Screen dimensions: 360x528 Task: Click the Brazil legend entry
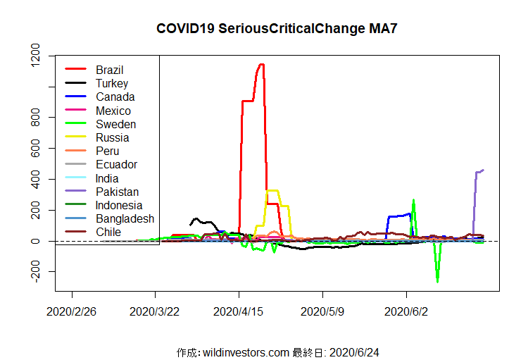(109, 70)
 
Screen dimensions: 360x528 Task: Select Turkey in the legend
(112, 83)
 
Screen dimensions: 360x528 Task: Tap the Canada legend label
(115, 97)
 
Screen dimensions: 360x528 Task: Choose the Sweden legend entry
(115, 124)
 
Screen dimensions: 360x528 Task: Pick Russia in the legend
(113, 137)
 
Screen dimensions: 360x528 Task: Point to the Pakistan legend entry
(117, 192)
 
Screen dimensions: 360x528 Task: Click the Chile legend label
(108, 232)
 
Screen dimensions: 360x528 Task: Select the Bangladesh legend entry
(125, 218)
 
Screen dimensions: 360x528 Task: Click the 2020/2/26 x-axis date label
(72, 310)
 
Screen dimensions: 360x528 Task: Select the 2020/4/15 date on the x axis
(239, 310)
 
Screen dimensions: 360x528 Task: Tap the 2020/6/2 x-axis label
(406, 310)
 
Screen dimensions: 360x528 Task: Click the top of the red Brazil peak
(261, 65)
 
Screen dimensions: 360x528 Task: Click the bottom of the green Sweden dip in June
(437, 281)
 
